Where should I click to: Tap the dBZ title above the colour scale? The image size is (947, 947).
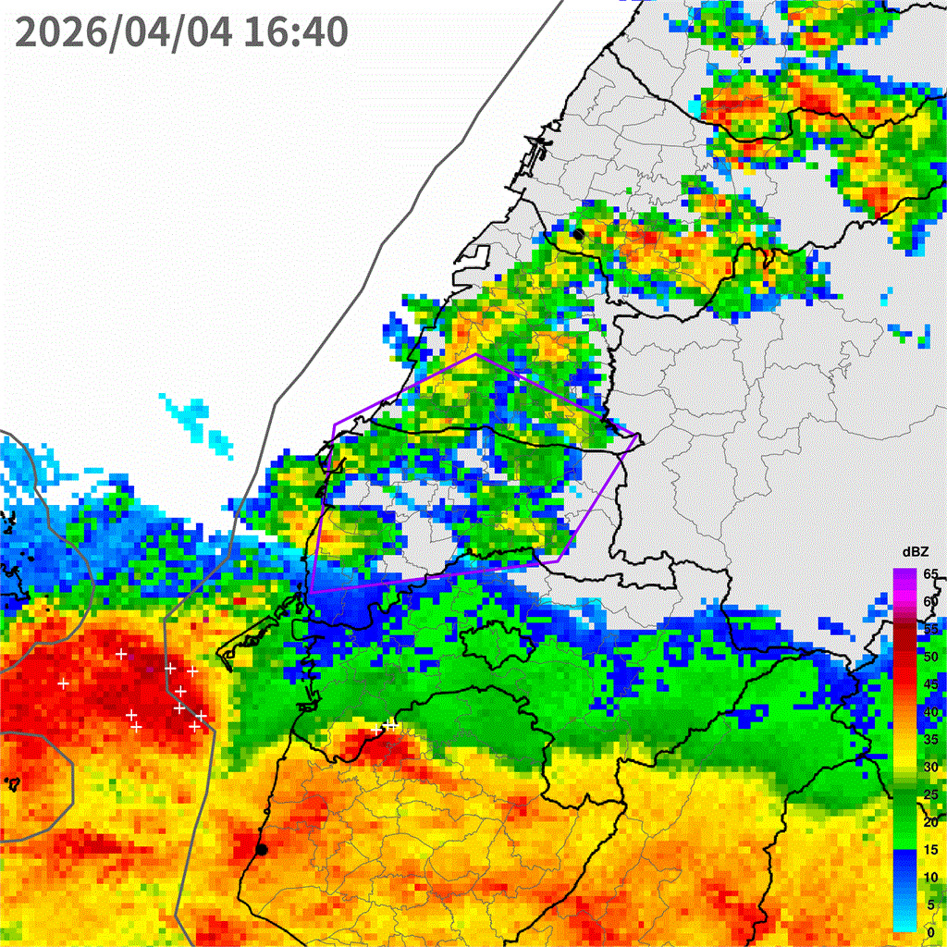pyautogui.click(x=916, y=552)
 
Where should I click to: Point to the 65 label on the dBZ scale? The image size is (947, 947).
pyautogui.click(x=930, y=574)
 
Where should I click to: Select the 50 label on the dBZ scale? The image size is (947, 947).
pyautogui.click(x=930, y=657)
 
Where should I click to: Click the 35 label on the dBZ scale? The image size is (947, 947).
pyautogui.click(x=930, y=739)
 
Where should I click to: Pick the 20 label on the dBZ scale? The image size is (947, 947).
pyautogui.click(x=930, y=822)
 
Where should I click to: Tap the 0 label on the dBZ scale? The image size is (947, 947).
pyautogui.click(x=930, y=932)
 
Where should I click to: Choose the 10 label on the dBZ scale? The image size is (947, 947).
pyautogui.click(x=930, y=877)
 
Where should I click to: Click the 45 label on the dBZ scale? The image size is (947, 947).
pyautogui.click(x=930, y=684)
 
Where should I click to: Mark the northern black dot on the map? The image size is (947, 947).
pyautogui.click(x=578, y=234)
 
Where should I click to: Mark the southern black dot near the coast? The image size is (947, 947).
pyautogui.click(x=262, y=849)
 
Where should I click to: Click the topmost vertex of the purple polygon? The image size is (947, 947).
pyautogui.click(x=476, y=354)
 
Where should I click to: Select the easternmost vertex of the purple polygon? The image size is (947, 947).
pyautogui.click(x=639, y=436)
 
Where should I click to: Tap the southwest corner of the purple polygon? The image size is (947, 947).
pyautogui.click(x=312, y=591)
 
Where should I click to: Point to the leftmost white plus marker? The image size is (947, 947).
pyautogui.click(x=63, y=683)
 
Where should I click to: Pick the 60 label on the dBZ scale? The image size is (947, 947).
pyautogui.click(x=930, y=602)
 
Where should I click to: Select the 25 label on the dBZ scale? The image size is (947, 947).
pyautogui.click(x=930, y=794)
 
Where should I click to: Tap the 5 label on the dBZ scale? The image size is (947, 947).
pyautogui.click(x=930, y=904)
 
